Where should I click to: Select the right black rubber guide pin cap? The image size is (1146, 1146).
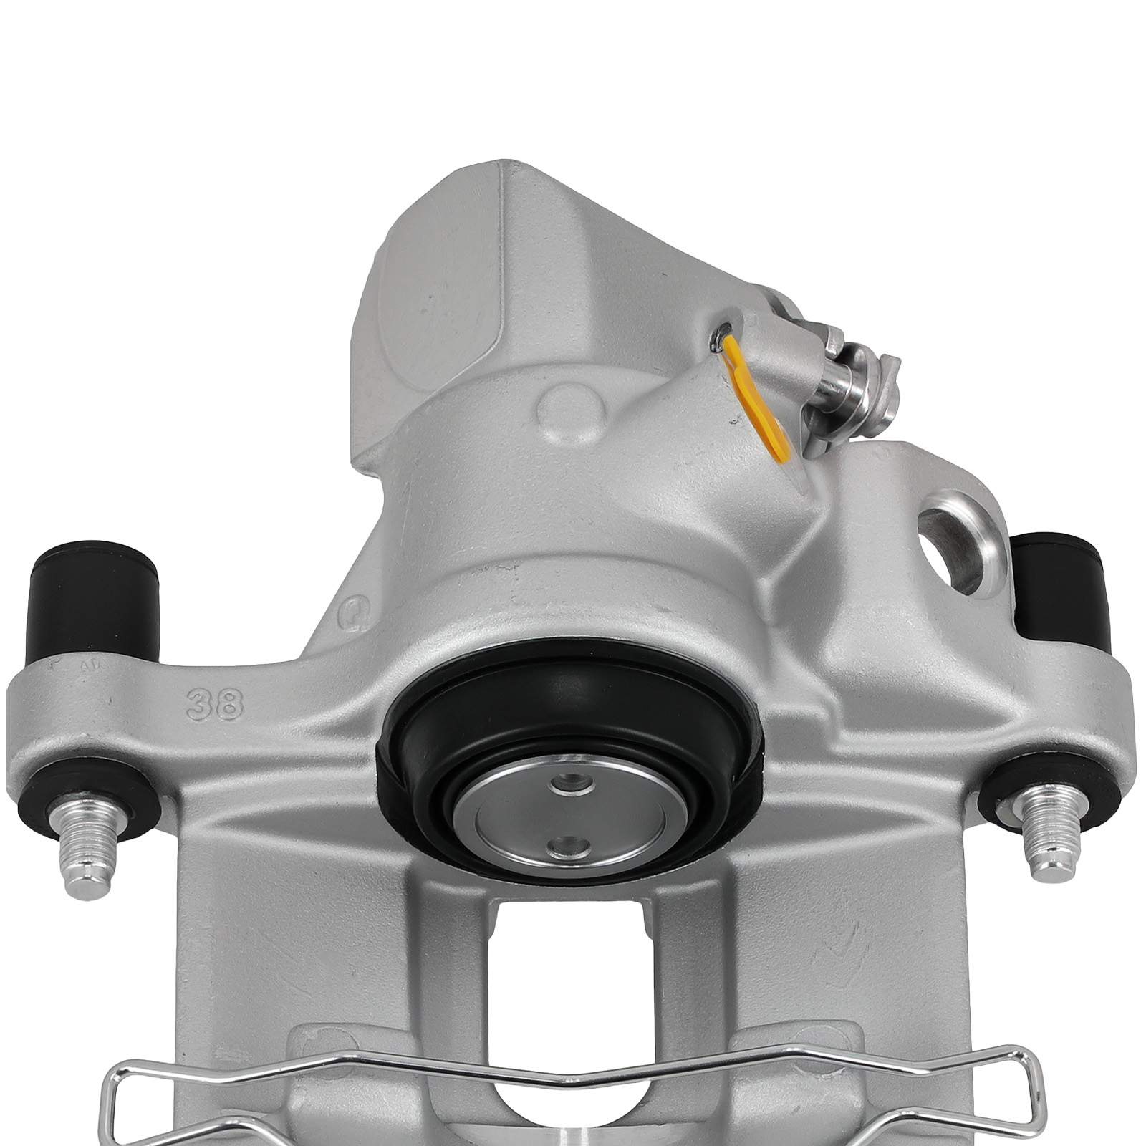point(1059,587)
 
